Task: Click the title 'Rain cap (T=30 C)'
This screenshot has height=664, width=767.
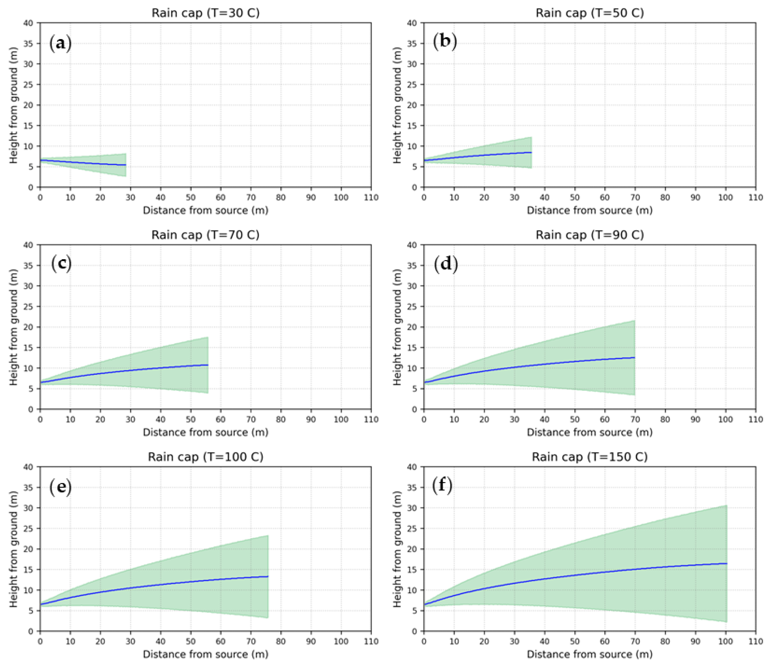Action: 205,13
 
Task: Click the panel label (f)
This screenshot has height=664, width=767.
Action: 442,486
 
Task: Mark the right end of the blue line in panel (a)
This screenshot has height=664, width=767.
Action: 126,165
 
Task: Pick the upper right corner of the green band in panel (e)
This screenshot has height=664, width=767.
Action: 268,535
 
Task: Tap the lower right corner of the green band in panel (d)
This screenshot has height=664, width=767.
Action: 635,395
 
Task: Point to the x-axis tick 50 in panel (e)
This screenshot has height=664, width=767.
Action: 191,641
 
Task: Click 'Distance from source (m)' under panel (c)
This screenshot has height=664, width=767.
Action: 205,432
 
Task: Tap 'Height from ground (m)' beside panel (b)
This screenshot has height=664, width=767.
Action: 397,105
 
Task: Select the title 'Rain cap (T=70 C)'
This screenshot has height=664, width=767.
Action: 205,235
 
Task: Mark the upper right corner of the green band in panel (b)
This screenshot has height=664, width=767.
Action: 531,137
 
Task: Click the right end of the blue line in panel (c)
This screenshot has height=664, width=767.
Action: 208,365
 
